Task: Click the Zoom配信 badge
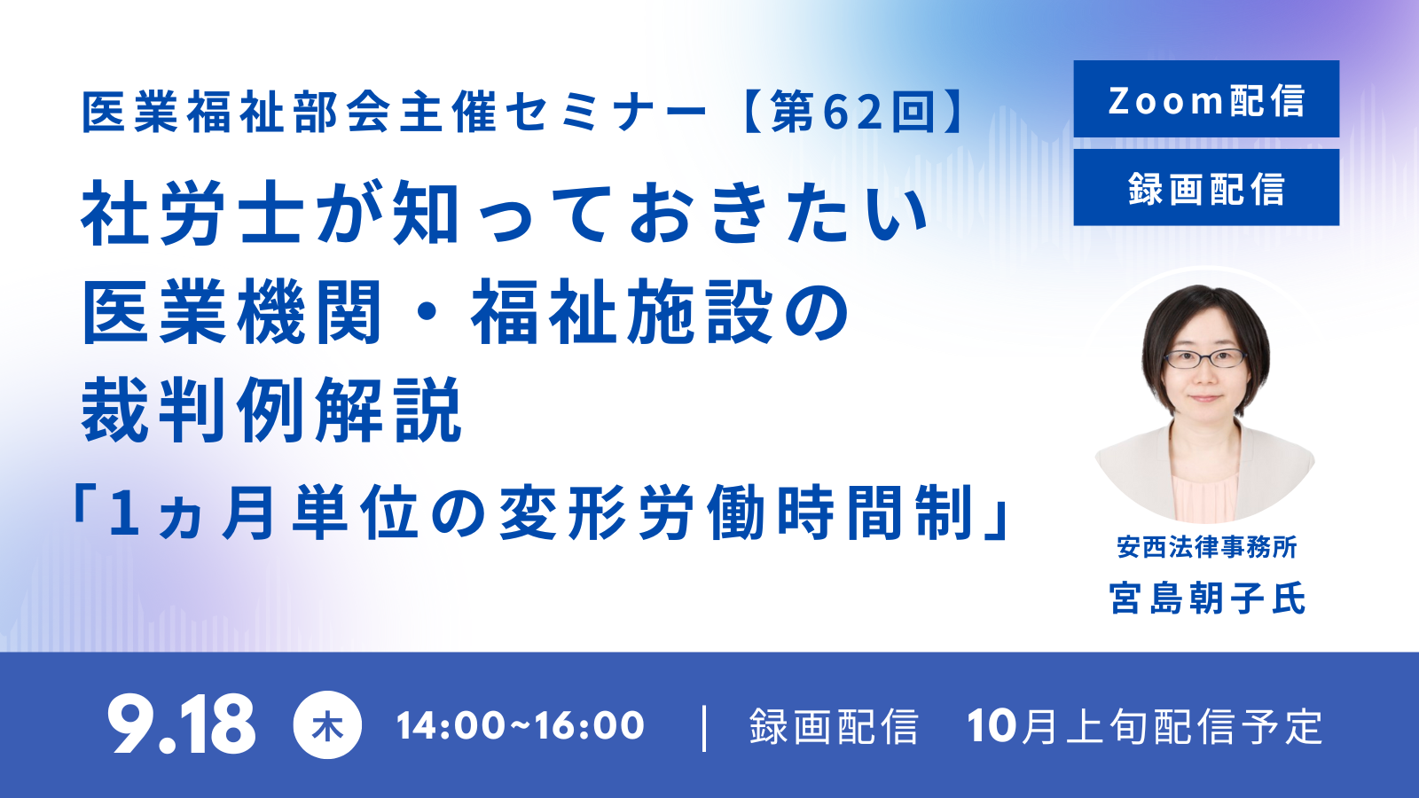click(1206, 98)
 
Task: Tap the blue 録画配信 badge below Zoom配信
click(1206, 187)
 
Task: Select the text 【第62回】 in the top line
click(853, 112)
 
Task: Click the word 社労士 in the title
click(192, 213)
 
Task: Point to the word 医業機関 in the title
click(231, 311)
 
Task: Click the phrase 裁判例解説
click(271, 410)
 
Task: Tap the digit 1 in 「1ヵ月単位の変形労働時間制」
click(124, 513)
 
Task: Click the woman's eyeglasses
click(1205, 359)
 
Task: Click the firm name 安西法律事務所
click(1207, 547)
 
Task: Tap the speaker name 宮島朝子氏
click(1207, 598)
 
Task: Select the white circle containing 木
click(327, 725)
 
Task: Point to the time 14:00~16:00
click(520, 726)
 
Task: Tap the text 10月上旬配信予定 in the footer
click(1145, 726)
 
